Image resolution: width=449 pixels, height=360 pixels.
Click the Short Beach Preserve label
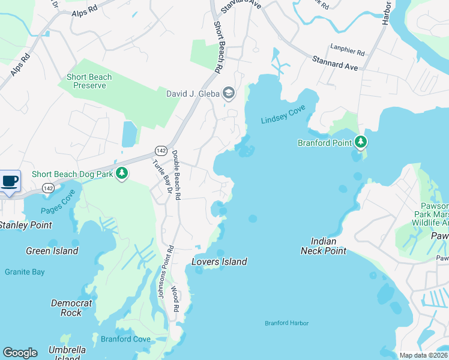click(89, 81)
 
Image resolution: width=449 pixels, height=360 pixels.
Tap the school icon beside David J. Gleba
click(228, 93)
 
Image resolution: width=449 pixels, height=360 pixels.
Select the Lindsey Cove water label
click(283, 114)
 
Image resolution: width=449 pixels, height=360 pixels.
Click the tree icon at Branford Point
click(360, 142)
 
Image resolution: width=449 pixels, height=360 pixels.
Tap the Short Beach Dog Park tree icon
click(122, 174)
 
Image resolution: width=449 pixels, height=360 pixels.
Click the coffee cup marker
click(10, 181)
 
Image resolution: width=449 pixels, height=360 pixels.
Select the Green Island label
click(52, 251)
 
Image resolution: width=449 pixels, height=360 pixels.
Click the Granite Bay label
click(25, 272)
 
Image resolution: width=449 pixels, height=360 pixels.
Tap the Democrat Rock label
click(71, 308)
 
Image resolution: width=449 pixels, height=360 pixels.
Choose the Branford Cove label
click(125, 339)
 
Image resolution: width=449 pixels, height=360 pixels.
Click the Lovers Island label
click(219, 262)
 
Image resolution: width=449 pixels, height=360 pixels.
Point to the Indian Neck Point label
click(323, 246)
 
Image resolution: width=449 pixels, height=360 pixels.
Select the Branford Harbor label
click(287, 323)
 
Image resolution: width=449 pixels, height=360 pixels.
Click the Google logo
click(20, 353)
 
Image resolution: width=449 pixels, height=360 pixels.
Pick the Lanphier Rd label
click(347, 53)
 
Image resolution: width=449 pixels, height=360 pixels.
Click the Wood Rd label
click(175, 299)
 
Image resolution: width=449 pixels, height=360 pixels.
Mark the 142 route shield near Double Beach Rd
click(160, 150)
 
